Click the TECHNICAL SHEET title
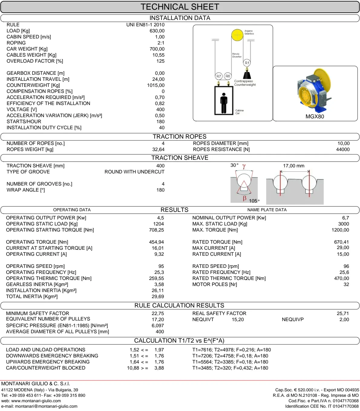tap(180, 7)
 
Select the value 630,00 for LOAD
tap(157, 31)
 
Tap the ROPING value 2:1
tap(161, 43)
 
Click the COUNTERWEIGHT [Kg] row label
tap(33, 85)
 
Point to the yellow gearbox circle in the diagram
tap(237, 35)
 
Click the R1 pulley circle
tap(247, 63)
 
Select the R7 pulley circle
tap(218, 76)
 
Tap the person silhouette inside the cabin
tap(224, 103)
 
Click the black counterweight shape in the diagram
tap(247, 74)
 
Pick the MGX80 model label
tap(315, 117)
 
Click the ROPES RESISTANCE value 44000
tap(343, 150)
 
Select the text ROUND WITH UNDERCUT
tap(134, 172)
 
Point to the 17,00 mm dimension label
tap(293, 166)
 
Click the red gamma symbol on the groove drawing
tap(244, 166)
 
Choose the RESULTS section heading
tap(174, 210)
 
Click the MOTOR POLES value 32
tap(346, 284)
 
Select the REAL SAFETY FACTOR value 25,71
tap(343, 314)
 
